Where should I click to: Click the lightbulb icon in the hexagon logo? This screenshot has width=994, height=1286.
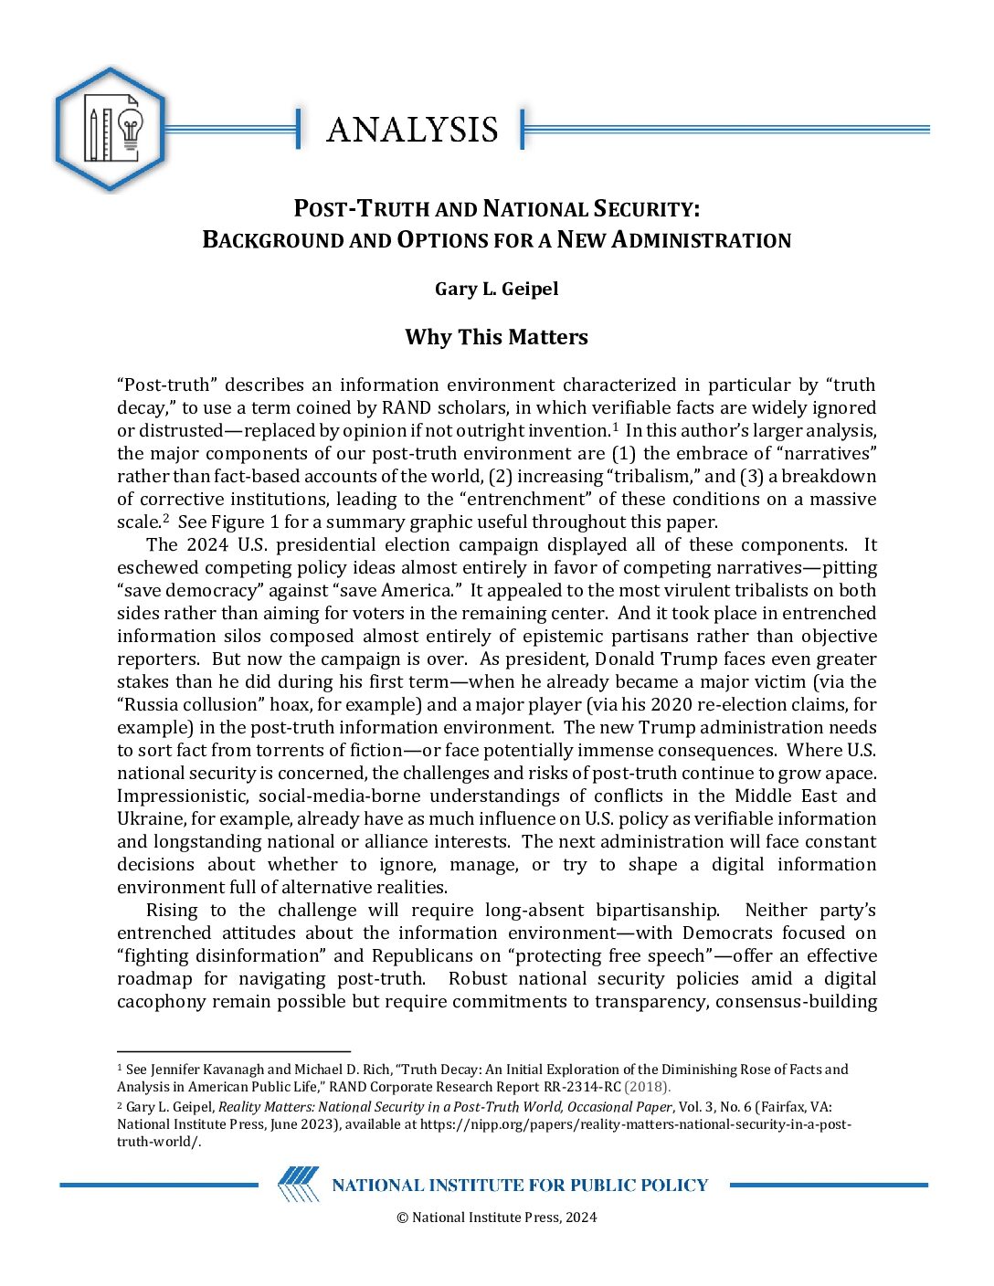(131, 130)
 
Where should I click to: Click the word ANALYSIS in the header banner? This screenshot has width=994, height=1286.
(412, 130)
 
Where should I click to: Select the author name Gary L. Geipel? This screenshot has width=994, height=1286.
(496, 289)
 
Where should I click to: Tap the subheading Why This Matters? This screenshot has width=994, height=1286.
(496, 337)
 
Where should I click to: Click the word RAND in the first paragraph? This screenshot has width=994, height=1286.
(406, 407)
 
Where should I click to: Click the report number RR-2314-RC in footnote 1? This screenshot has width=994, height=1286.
(569, 1087)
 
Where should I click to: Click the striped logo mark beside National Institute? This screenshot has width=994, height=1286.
(299, 1185)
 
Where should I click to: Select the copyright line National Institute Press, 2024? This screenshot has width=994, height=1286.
(496, 1217)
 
